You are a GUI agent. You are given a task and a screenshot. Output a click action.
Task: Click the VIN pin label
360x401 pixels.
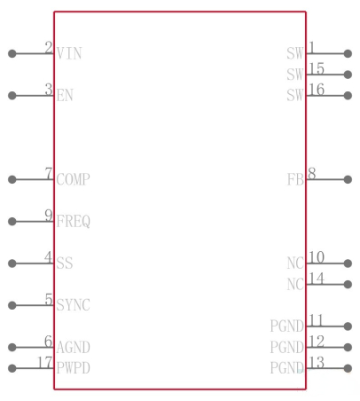click(x=69, y=53)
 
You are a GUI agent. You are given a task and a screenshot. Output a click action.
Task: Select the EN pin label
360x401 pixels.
click(x=65, y=96)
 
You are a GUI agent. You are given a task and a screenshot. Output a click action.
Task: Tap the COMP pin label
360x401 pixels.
click(x=74, y=179)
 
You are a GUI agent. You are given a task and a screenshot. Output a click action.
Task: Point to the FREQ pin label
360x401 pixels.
click(x=74, y=222)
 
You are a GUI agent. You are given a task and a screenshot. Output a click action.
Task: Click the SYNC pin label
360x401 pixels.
click(x=74, y=305)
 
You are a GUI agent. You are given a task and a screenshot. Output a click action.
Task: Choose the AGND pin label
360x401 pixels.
click(x=74, y=347)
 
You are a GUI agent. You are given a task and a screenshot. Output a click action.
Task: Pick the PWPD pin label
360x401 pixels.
click(x=74, y=368)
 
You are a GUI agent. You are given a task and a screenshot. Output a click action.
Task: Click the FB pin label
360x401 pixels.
click(x=295, y=179)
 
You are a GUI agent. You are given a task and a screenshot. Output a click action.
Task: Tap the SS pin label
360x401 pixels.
click(x=65, y=263)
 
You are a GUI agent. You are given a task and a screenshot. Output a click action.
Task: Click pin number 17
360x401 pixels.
click(x=45, y=362)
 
